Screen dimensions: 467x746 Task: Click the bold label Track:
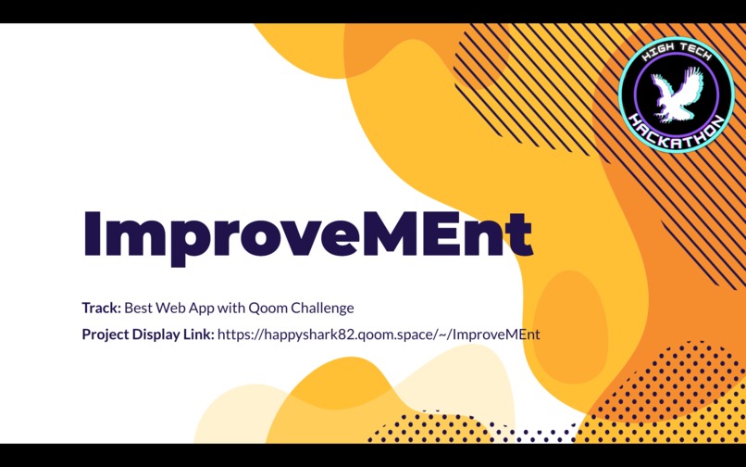(101, 308)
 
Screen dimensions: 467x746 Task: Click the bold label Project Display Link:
(148, 334)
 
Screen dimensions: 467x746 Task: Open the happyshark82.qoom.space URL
(379, 334)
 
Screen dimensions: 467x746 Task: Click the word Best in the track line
(139, 308)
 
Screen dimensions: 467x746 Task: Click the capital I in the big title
(92, 233)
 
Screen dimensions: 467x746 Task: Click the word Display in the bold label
(159, 334)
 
